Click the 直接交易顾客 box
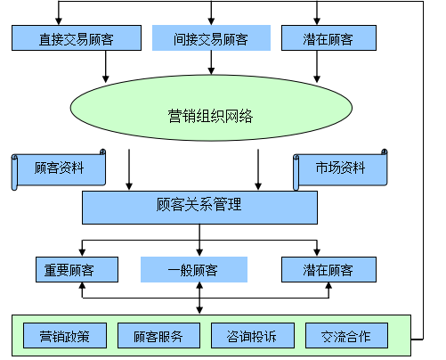pos(77,37)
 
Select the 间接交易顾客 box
pos(211,37)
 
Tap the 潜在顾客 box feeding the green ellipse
pos(328,37)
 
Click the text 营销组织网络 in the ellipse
pos(210,116)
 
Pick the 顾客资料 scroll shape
pos(59,169)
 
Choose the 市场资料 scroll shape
pos(340,169)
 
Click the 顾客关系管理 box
pos(199,208)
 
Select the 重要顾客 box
pos(77,269)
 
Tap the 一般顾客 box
pos(194,269)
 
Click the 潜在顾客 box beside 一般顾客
pos(328,269)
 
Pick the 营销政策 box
pos(65,335)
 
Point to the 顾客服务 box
pos(158,335)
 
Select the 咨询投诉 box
pos(253,335)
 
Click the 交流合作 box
pos(346,335)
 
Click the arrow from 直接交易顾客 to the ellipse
pos(105,67)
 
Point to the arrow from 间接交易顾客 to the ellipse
pos(211,62)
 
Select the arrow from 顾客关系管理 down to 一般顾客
pos(199,240)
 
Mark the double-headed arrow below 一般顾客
pos(199,298)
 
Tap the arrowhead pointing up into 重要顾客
pos(82,286)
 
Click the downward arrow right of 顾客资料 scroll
pos(129,169)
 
